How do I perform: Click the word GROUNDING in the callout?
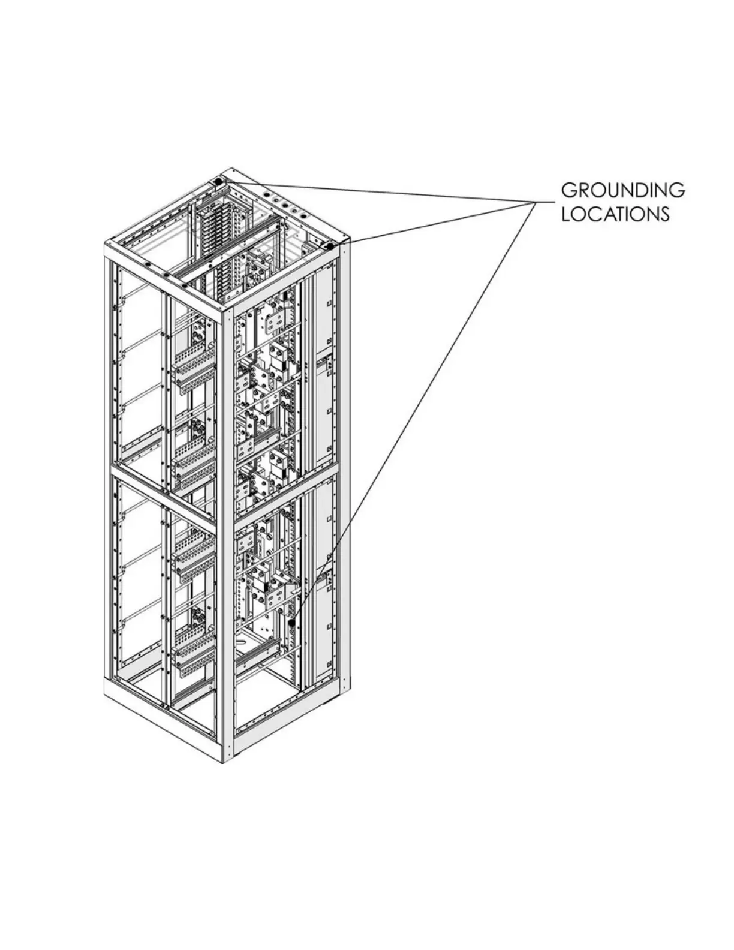(622, 190)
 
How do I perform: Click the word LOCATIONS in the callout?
(615, 214)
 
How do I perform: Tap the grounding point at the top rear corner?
(219, 181)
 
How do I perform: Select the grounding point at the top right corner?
(329, 246)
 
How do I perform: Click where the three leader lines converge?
(535, 203)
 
